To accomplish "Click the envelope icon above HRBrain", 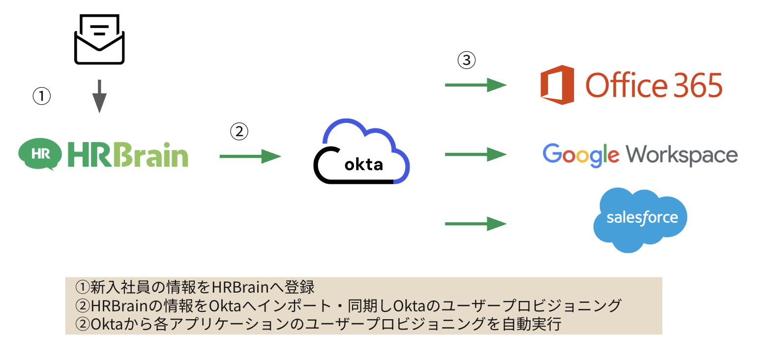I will tap(99, 39).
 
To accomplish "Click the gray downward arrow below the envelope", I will tap(99, 96).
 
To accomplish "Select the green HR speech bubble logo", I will tap(40, 154).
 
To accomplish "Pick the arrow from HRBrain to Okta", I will tap(250, 156).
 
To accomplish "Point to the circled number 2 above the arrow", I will tap(239, 131).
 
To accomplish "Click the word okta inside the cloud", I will tap(364, 164).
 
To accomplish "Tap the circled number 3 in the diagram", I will tap(466, 60).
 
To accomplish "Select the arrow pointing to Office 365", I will tap(475, 85).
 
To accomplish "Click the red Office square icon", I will tap(557, 85).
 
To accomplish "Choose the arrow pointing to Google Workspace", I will tap(475, 155).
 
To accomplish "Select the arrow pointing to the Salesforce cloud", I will tap(475, 224).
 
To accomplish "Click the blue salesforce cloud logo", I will tap(641, 219).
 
